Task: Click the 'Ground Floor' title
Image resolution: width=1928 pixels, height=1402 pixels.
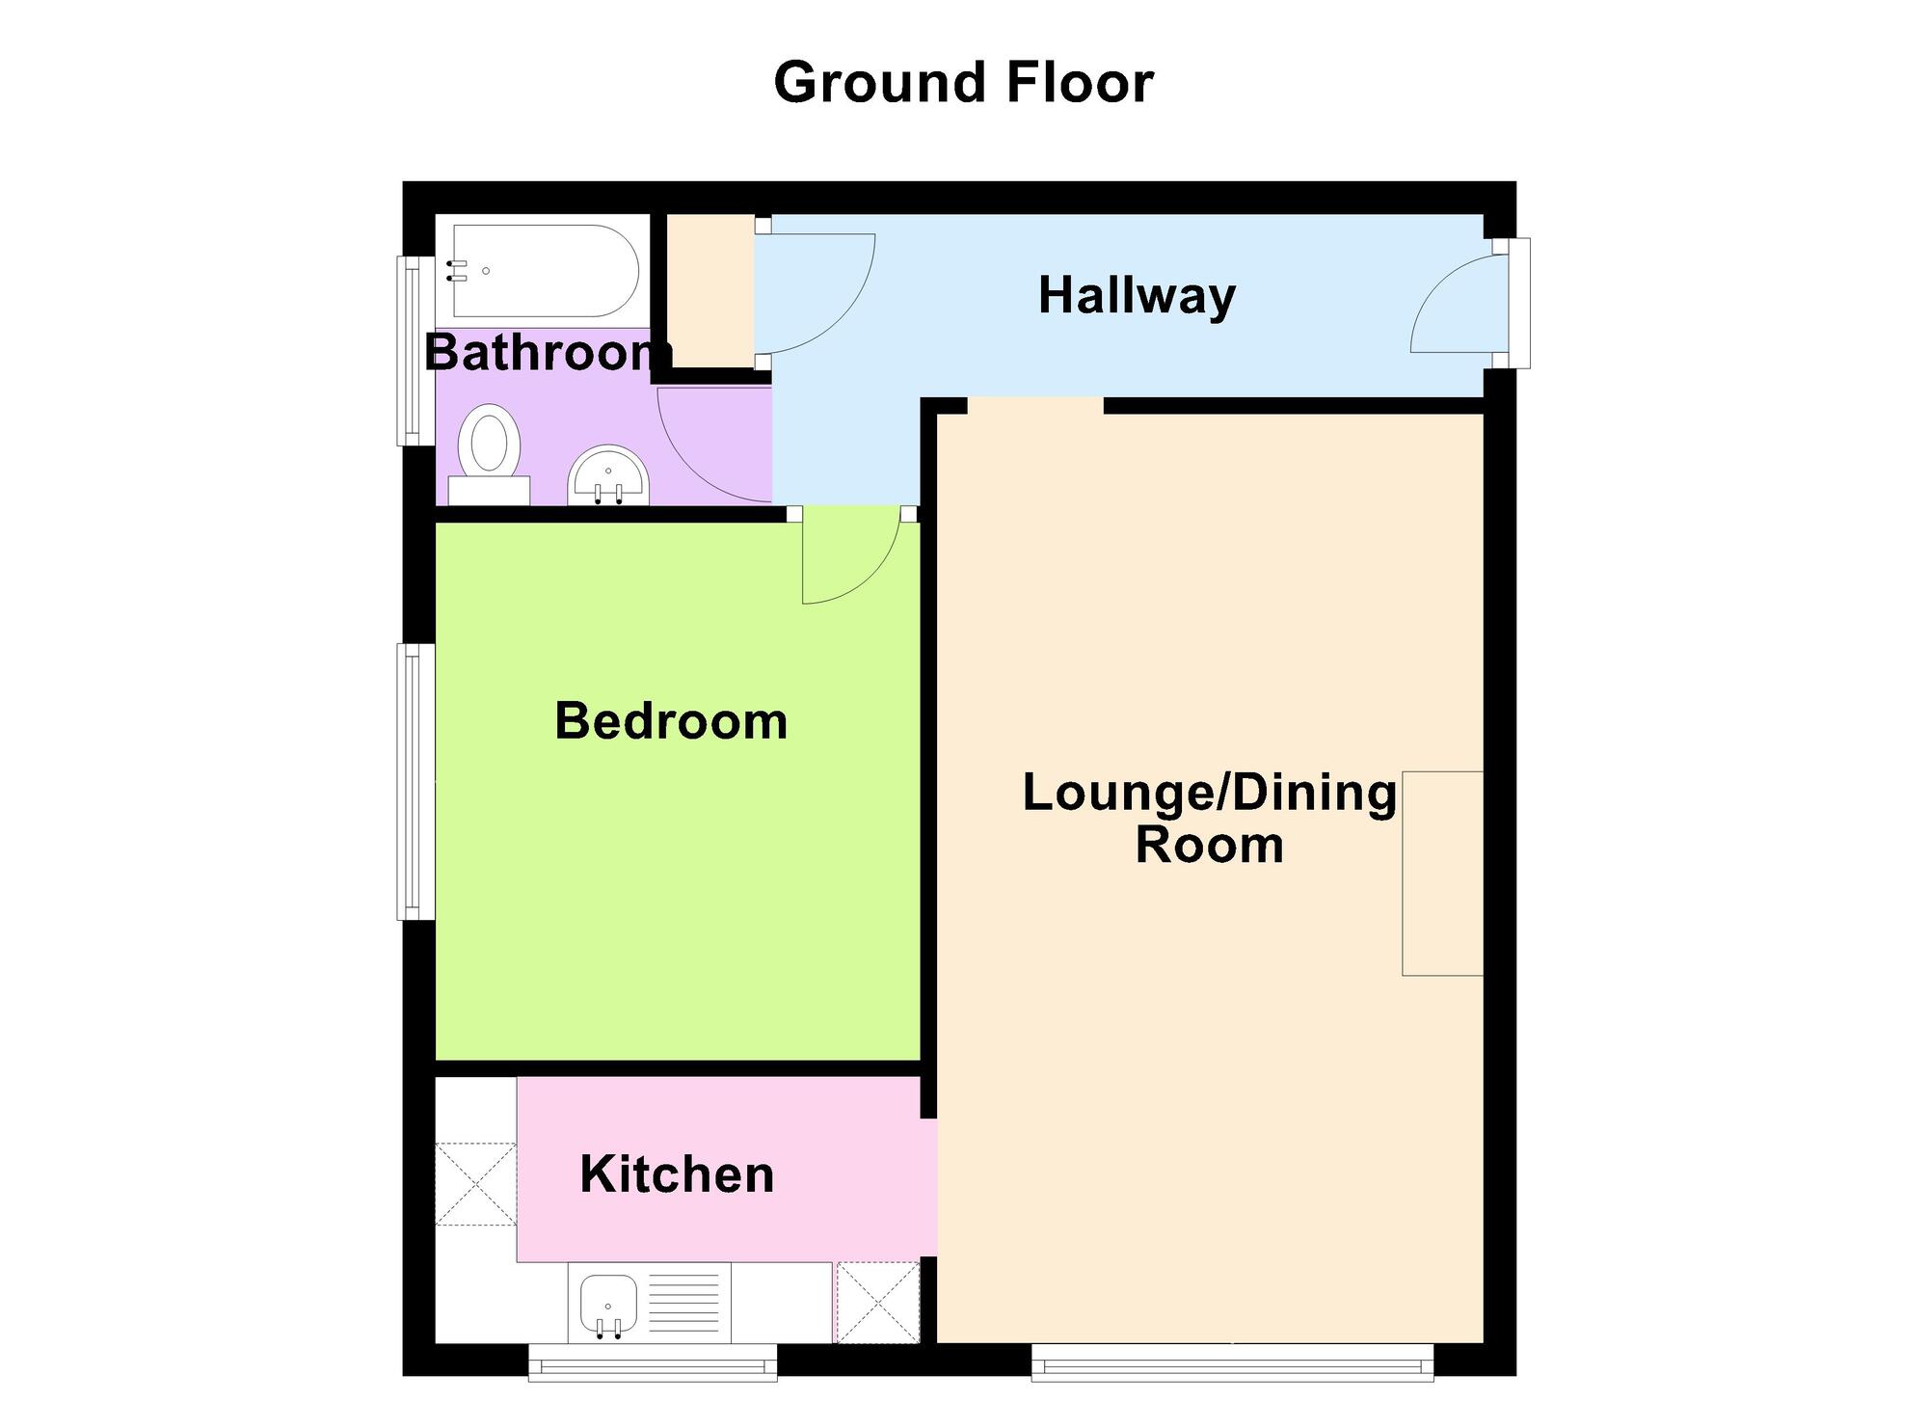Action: pos(963,83)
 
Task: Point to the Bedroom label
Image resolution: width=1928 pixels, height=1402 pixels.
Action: pos(671,721)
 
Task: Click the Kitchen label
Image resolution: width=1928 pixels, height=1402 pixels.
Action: pos(677,1174)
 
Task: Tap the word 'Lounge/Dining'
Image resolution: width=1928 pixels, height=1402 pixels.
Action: pos(1209,793)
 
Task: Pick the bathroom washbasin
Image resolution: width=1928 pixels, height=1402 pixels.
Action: pos(609,477)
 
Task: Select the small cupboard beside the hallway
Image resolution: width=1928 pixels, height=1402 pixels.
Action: pos(711,291)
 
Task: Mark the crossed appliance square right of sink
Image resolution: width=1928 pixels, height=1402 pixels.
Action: pos(876,1302)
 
